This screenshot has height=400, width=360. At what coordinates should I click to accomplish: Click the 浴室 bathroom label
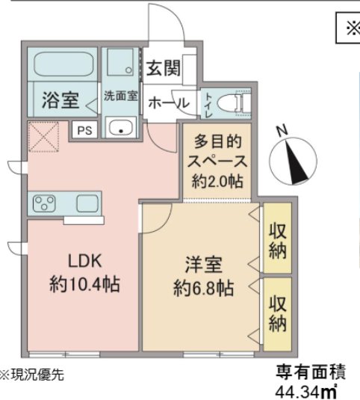tap(60, 99)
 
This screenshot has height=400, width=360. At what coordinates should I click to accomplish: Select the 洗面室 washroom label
tap(120, 95)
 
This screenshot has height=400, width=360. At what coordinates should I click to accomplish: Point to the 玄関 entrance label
tap(162, 69)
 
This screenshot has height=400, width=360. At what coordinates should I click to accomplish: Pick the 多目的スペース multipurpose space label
tap(220, 160)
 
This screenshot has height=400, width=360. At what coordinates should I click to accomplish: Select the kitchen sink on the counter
tap(87, 203)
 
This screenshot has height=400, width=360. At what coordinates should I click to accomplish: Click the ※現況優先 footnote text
tap(33, 373)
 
